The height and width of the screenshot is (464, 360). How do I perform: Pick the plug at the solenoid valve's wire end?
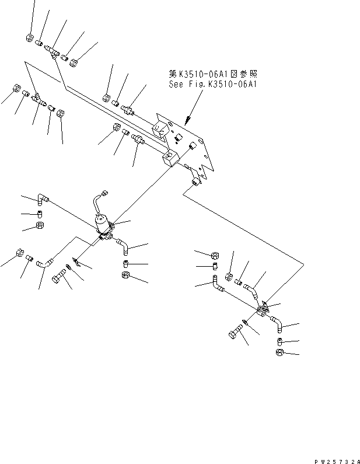[104, 191]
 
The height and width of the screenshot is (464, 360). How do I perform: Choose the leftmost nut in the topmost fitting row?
[30, 38]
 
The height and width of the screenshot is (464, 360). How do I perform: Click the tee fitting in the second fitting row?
[37, 97]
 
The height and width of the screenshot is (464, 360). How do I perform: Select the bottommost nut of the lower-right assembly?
[278, 353]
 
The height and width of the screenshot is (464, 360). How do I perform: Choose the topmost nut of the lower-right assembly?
[214, 255]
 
